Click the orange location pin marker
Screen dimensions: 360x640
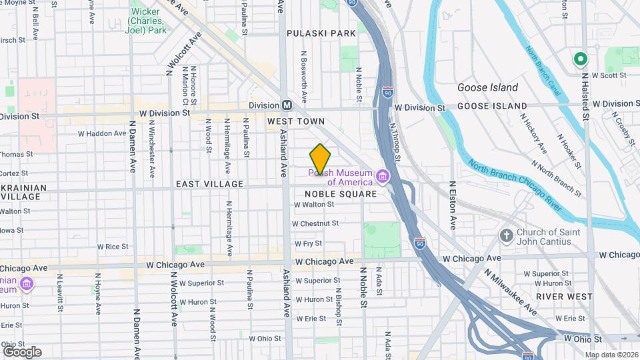coord(321,159)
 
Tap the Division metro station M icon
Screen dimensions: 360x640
coord(287,105)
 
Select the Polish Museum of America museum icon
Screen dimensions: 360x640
coord(383,177)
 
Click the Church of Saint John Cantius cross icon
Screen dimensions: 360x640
coord(507,236)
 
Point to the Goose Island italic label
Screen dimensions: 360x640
coord(487,87)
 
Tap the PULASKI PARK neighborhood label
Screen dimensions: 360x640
coord(321,33)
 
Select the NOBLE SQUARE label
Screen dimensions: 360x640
coord(341,193)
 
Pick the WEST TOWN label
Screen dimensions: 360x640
coord(295,121)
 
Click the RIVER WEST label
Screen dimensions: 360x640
coord(563,296)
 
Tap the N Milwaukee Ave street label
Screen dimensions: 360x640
coord(511,291)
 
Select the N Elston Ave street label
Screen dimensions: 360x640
coord(453,204)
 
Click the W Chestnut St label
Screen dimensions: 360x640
coord(315,223)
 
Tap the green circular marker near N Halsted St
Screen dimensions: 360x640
coord(581,60)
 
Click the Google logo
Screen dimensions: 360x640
coord(22,351)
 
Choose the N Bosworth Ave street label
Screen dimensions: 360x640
coord(304,77)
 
